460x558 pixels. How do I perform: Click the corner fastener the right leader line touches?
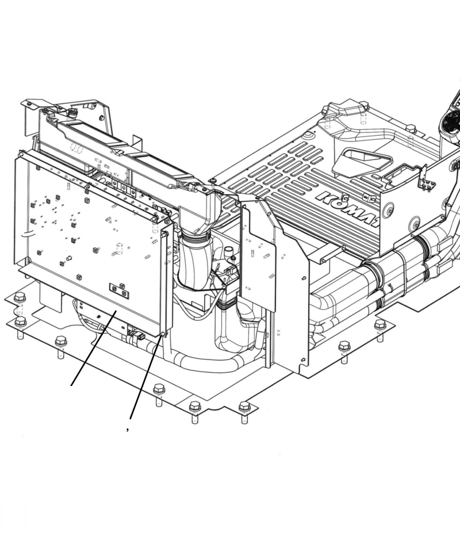[164, 333]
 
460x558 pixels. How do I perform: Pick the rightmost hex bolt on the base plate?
[380, 326]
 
